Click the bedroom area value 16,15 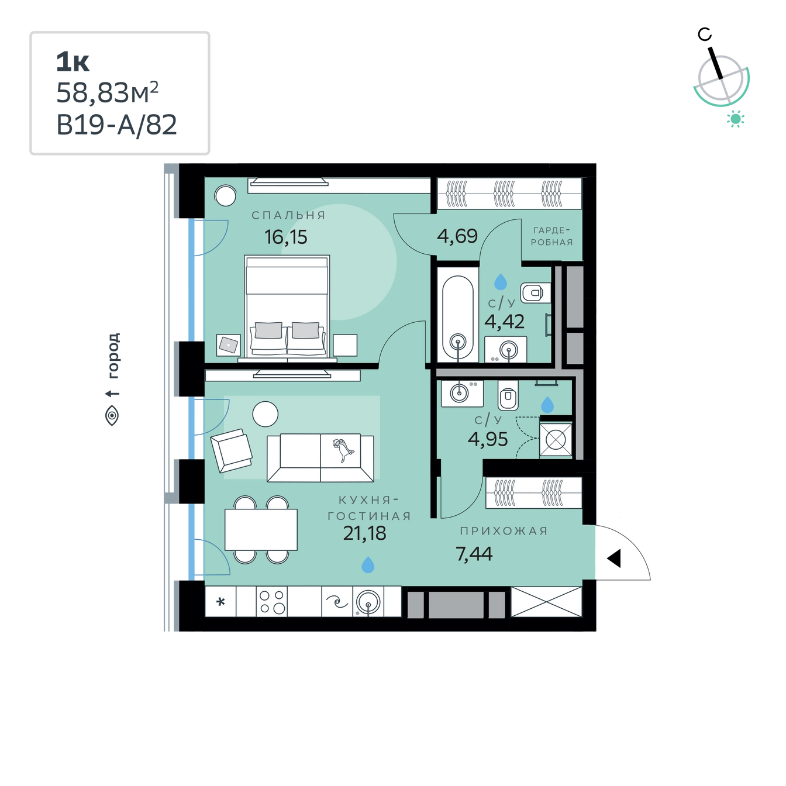285,237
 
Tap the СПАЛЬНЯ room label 288,215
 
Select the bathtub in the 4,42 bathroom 458,318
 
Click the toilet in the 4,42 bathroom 535,292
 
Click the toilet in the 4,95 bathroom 508,395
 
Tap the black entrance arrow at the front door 614,558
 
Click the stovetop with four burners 272,602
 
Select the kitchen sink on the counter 368,602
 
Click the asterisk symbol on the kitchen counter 220,602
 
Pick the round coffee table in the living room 265,414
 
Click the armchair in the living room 231,450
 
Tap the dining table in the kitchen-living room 261,529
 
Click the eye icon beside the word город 112,416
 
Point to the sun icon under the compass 736,119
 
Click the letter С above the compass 705,35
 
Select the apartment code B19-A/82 116,125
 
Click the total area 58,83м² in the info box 107,92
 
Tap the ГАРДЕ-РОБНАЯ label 551,236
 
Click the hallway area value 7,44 474,553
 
